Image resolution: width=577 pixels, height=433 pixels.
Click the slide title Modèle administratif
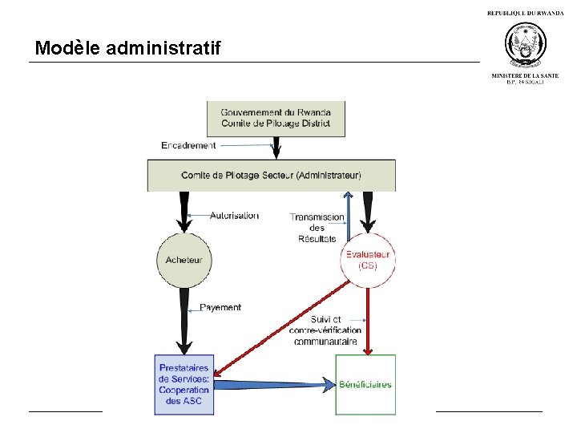pos(128,48)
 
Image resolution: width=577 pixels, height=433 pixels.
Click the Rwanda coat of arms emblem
pos(525,45)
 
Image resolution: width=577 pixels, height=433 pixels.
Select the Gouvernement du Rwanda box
pos(276,117)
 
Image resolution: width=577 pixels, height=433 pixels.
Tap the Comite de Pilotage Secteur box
pos(271,175)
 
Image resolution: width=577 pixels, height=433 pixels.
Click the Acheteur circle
pos(184,259)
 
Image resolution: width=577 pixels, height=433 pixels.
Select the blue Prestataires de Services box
pos(184,384)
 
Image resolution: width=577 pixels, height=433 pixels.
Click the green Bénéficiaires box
pos(365,384)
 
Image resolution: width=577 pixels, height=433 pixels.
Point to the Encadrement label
pos(188,145)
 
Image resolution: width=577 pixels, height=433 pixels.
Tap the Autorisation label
pos(234,215)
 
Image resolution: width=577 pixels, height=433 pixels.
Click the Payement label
pos(220,307)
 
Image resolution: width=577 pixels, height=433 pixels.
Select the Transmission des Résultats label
pos(317,228)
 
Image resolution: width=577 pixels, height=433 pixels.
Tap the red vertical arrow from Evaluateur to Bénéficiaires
pos(368,321)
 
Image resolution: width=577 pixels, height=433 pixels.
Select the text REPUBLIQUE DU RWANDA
pos(525,13)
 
